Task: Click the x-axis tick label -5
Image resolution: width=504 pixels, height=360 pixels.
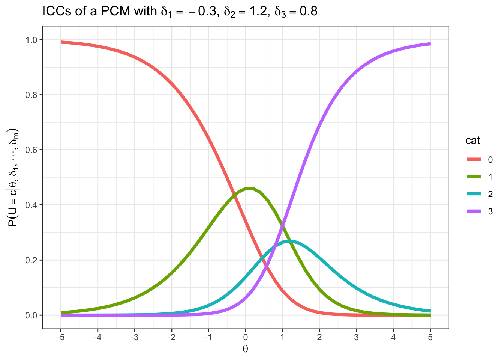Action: click(60, 337)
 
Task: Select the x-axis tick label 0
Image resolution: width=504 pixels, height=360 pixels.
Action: click(245, 337)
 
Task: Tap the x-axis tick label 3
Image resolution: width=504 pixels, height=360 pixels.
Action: click(356, 337)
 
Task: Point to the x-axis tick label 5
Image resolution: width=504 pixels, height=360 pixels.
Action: click(430, 337)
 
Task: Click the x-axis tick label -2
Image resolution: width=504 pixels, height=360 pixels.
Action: click(171, 337)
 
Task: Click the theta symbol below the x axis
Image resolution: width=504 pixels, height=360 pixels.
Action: click(245, 349)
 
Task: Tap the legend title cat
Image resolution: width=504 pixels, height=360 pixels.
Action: click(472, 141)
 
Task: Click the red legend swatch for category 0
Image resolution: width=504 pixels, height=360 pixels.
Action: click(474, 160)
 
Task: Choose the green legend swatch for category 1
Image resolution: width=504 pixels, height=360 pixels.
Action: click(474, 177)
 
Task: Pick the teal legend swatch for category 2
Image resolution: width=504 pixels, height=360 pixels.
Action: click(474, 194)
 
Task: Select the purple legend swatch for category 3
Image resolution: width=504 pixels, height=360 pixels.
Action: click(474, 211)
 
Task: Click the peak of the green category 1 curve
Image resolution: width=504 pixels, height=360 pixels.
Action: click(249, 188)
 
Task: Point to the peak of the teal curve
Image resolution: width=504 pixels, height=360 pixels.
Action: click(289, 241)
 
